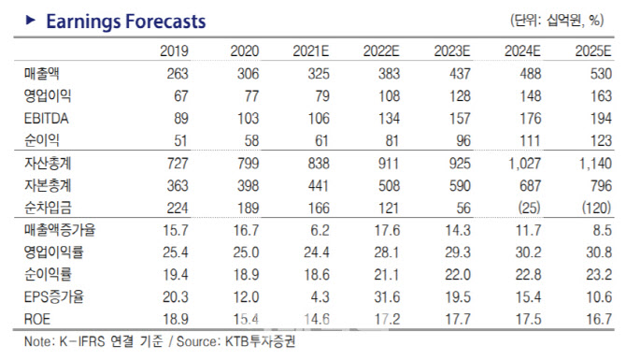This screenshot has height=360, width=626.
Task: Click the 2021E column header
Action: click(x=310, y=51)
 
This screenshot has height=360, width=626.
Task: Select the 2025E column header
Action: click(x=593, y=51)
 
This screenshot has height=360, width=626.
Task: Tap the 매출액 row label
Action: click(x=41, y=74)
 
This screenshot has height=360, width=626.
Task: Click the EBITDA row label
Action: click(x=47, y=118)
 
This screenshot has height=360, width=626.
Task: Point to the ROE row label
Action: click(x=37, y=319)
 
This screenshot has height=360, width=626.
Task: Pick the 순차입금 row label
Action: click(x=48, y=208)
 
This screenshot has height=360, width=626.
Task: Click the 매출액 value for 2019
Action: click(x=178, y=74)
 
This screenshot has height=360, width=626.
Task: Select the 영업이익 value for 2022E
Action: click(x=389, y=96)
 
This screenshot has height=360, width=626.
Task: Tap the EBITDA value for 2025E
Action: click(x=601, y=118)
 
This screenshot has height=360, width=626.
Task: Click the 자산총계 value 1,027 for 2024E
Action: click(x=524, y=164)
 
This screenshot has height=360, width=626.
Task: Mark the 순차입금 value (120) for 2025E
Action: click(x=596, y=208)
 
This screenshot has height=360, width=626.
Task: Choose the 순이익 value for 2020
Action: click(x=251, y=140)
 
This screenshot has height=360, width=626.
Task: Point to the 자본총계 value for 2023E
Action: click(x=460, y=186)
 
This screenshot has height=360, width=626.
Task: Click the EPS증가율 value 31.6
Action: click(x=387, y=296)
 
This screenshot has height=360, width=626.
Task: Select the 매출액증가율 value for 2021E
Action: click(x=319, y=230)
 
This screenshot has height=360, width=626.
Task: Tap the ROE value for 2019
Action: click(x=176, y=319)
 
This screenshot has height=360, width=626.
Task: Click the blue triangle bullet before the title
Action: click(x=30, y=20)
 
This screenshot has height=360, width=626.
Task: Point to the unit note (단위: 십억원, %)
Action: click(x=557, y=20)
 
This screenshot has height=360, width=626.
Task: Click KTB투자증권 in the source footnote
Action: click(x=261, y=341)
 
